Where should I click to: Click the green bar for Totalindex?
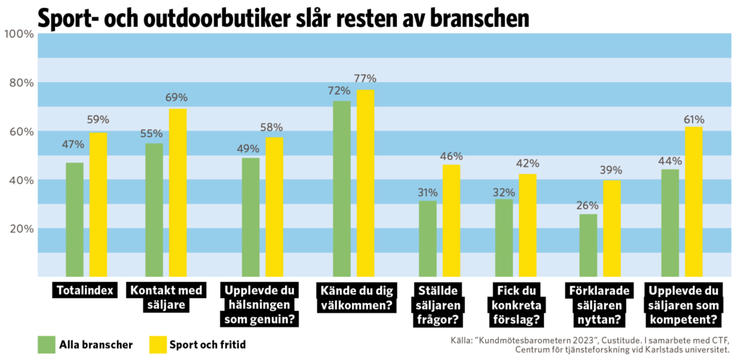74,219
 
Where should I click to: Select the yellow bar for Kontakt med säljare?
178,193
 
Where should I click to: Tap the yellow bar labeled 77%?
365,183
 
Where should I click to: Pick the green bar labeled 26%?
588,245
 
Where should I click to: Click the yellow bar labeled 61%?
694,201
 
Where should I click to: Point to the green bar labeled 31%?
428,239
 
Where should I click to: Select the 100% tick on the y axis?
19,34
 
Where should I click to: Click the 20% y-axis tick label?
20,229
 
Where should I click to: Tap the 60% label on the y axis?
20,131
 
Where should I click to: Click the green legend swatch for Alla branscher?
47,345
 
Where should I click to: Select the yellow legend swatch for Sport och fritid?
157,345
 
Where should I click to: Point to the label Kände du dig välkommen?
354,297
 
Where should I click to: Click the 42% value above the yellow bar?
528,164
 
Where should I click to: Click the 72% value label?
339,91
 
